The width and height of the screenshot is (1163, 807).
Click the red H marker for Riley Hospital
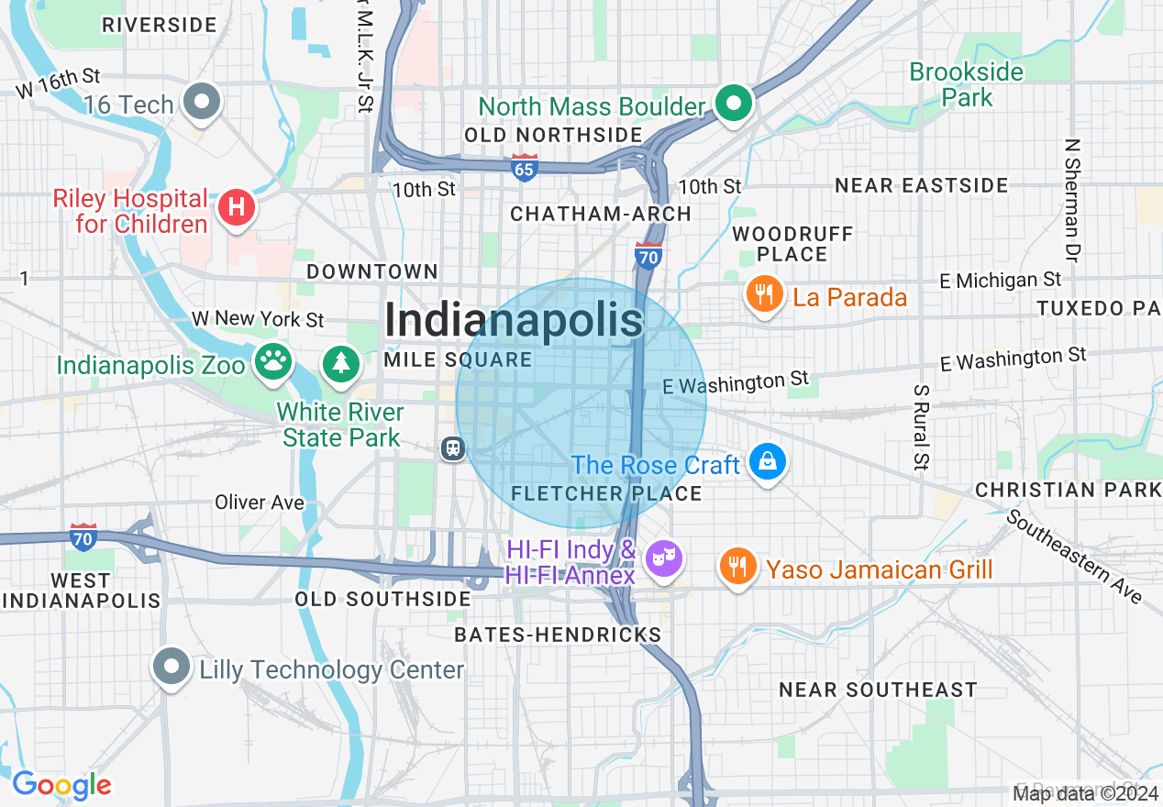(236, 206)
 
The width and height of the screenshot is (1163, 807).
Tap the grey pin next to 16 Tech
(202, 103)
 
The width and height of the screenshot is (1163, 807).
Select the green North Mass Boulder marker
(734, 105)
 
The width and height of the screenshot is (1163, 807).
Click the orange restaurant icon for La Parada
(763, 294)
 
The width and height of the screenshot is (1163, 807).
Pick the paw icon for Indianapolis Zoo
(272, 360)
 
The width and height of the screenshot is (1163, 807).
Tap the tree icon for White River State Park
(341, 362)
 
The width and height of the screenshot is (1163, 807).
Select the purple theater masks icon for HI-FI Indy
(663, 558)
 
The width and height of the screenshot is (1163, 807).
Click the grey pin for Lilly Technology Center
(171, 667)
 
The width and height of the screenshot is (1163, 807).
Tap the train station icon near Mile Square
(453, 448)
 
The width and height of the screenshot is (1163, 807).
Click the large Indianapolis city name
(514, 321)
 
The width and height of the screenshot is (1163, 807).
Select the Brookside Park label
(966, 84)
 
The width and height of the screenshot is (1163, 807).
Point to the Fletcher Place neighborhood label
(606, 494)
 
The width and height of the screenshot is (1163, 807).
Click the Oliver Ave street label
(260, 503)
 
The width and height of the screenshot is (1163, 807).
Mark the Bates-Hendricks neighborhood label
(558, 635)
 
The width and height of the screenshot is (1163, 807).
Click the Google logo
(61, 786)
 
